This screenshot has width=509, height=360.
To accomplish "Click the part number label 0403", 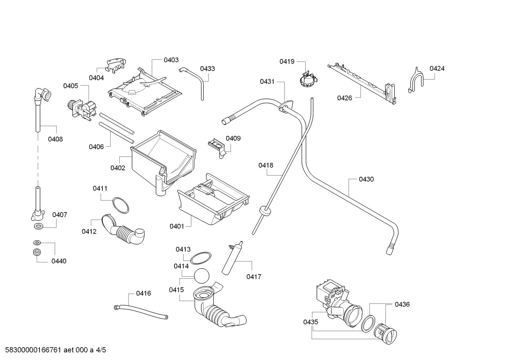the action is [171, 60].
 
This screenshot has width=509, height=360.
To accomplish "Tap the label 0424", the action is [437, 69].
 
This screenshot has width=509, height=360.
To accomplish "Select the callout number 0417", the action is [254, 277].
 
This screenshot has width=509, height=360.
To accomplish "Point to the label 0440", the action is [59, 261].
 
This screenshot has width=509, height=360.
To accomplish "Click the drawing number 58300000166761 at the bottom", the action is [33, 350].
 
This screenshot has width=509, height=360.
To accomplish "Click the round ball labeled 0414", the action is [202, 276].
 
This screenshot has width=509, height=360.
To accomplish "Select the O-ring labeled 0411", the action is [121, 205].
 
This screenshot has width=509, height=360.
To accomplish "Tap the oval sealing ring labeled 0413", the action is [200, 258].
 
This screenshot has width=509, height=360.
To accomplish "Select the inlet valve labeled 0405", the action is [82, 110].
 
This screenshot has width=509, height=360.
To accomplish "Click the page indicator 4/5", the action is [101, 350].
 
